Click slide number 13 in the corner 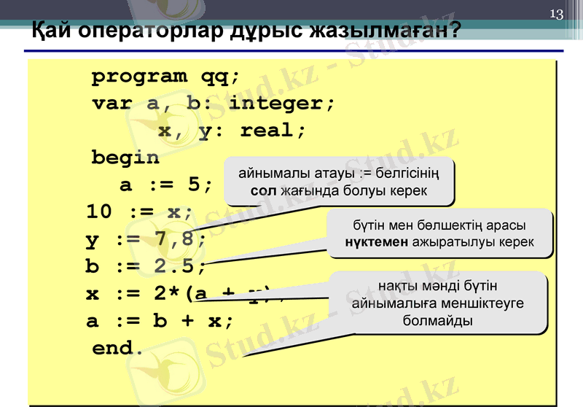[557, 15]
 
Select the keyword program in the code [139, 77]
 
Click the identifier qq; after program [215, 77]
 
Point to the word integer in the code [281, 104]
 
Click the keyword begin [125, 158]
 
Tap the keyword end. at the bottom [118, 348]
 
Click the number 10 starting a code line [99, 212]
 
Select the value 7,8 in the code [179, 239]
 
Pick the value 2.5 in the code [179, 267]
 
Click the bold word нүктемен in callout [377, 241]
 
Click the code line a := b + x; [160, 321]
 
